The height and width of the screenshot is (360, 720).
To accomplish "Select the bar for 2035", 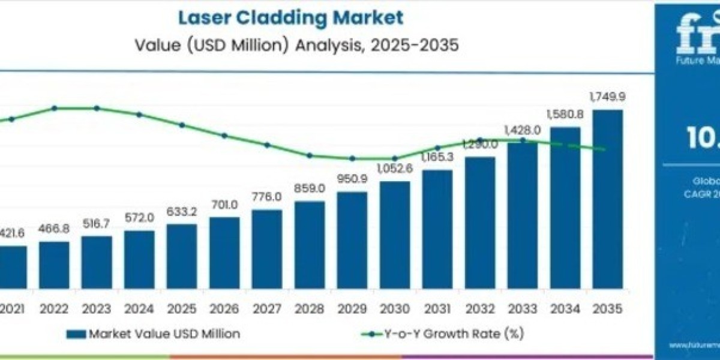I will coord(607,198).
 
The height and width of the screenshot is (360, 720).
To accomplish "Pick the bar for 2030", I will coord(394,234).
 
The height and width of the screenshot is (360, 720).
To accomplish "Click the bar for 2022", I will coord(54,265).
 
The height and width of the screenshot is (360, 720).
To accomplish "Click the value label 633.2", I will coord(181,213).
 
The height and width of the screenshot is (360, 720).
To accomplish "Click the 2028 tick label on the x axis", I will coord(309,310).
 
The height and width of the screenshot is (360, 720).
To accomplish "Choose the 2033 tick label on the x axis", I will coord(522,310).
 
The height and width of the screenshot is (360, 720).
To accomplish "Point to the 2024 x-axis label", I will coord(139,310).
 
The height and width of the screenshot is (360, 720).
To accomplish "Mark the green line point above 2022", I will coord(54,108).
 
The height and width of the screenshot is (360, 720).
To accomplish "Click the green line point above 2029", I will coord(353,158).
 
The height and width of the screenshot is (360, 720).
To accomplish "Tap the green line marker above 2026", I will coord(224,136).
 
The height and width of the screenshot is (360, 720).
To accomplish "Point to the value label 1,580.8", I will coord(565,114).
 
